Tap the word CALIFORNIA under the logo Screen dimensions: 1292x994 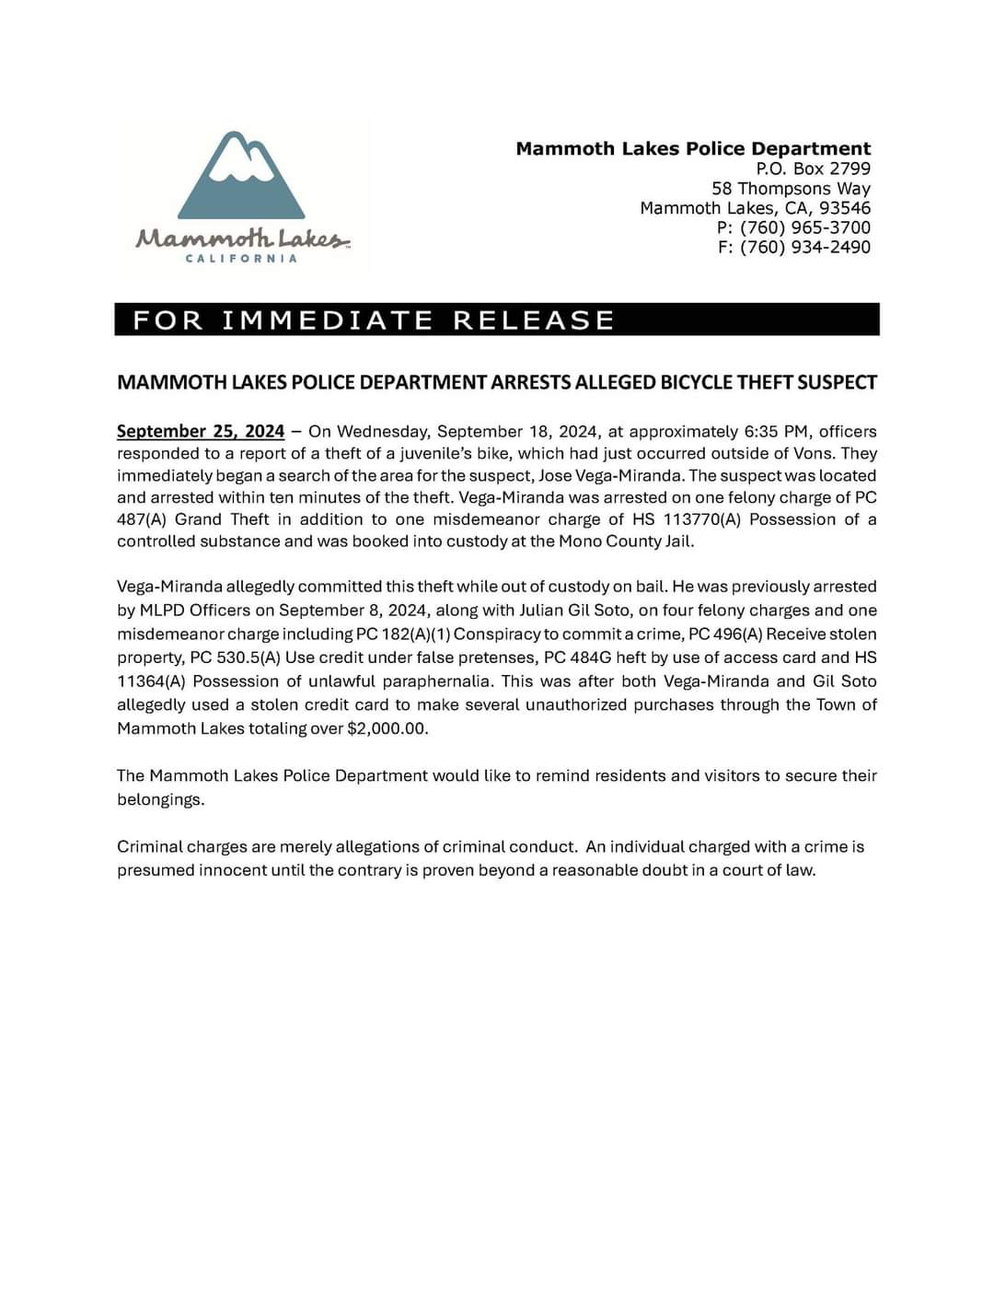click(241, 259)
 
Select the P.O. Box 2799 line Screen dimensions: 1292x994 click(813, 169)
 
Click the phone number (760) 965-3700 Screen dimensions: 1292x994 click(805, 227)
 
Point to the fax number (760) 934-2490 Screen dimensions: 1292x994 click(805, 247)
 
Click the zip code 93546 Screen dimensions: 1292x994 click(844, 208)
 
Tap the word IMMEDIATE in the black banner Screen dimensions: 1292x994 click(328, 320)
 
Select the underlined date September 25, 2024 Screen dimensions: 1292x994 click(201, 431)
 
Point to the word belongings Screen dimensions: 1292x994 click(160, 799)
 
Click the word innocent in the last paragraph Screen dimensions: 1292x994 click(232, 870)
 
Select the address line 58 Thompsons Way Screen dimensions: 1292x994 click(791, 189)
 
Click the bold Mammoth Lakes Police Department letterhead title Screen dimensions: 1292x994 click(692, 148)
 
